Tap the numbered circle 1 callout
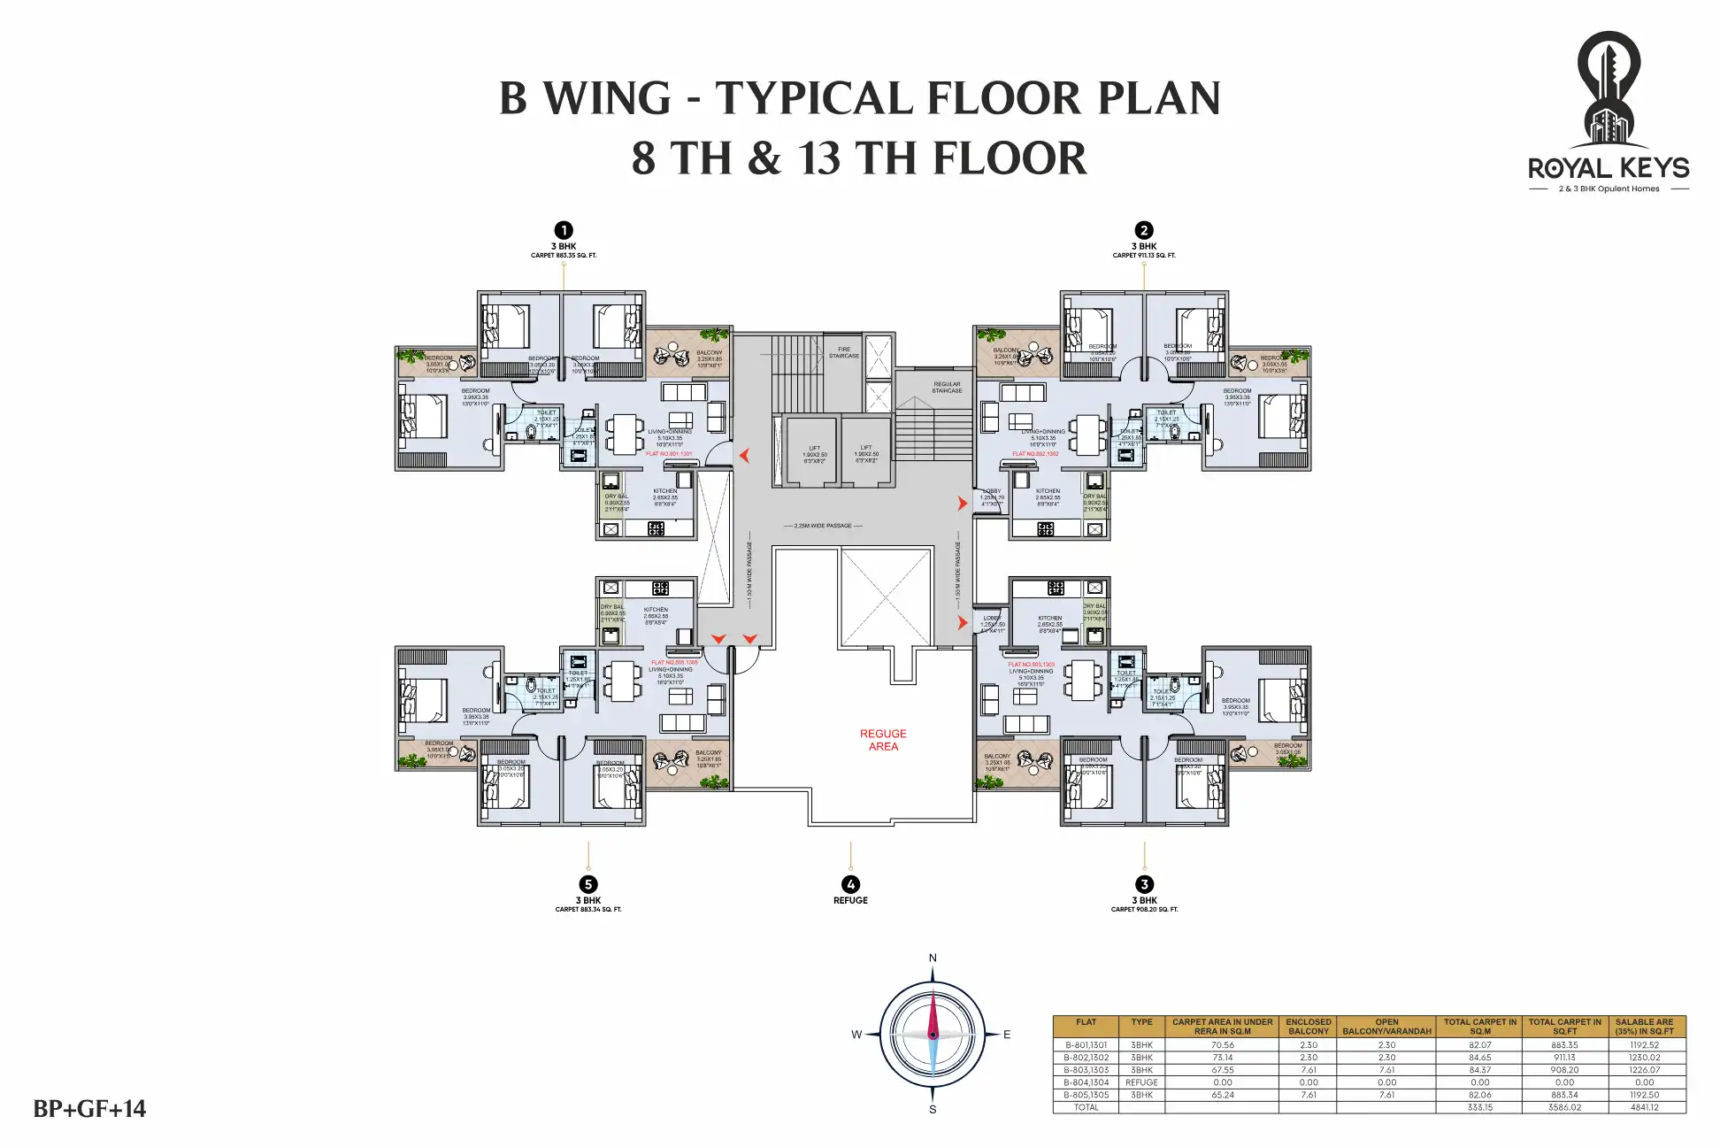[563, 231]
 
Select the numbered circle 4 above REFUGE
[850, 884]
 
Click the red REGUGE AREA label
[883, 740]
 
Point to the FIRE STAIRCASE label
[844, 352]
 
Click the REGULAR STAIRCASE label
[947, 388]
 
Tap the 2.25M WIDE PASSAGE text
[823, 526]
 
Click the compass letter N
[933, 958]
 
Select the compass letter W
[856, 1034]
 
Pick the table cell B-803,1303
[1086, 1070]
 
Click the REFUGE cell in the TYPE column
[1141, 1082]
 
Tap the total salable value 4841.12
[1644, 1107]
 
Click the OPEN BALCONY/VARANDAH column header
[1386, 1027]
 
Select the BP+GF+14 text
[89, 1109]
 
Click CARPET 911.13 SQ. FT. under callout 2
[1144, 256]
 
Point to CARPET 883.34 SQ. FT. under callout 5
[588, 910]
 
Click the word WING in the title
[607, 98]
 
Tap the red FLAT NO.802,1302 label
[1035, 454]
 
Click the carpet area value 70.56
[1222, 1045]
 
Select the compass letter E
[1007, 1034]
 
